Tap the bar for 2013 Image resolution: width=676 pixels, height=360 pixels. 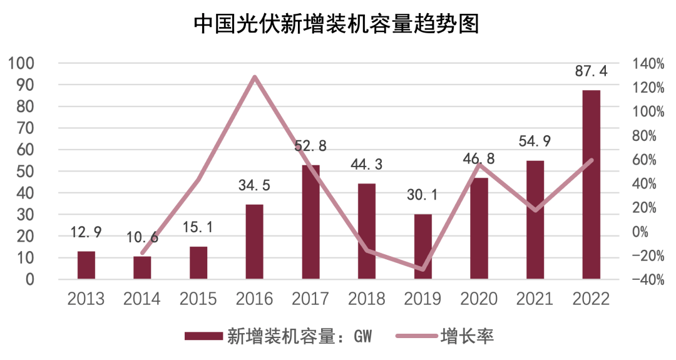pyautogui.click(x=86, y=265)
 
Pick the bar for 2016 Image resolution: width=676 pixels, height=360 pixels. pyautogui.click(x=254, y=242)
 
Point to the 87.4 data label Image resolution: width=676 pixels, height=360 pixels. pyautogui.click(x=591, y=71)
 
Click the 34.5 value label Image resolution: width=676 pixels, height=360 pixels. pyautogui.click(x=254, y=186)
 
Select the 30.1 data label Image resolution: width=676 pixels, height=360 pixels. pyautogui.click(x=422, y=195)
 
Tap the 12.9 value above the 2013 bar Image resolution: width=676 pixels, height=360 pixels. pyautogui.click(x=86, y=234)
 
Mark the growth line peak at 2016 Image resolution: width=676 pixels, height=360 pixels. pyautogui.click(x=254, y=77)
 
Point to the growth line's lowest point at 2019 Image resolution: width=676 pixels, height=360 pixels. pyautogui.click(x=422, y=270)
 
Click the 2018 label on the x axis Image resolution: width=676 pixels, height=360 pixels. pyautogui.click(x=366, y=299)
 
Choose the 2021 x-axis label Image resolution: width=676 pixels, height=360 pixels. pyautogui.click(x=535, y=299)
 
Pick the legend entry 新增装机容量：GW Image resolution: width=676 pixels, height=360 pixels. pyautogui.click(x=279, y=337)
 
